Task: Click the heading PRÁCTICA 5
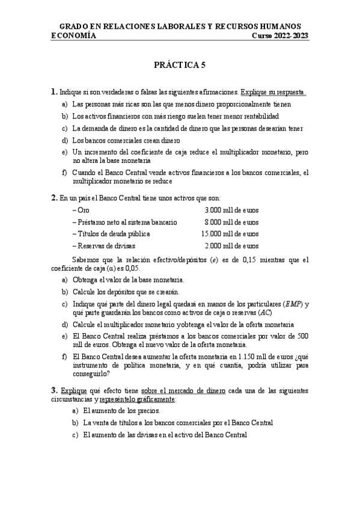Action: [x=180, y=64]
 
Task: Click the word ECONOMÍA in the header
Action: [x=74, y=35]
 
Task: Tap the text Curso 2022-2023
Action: [x=279, y=35]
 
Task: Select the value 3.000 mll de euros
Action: [x=231, y=210]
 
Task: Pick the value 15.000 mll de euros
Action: [x=230, y=234]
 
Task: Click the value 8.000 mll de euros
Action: [x=231, y=222]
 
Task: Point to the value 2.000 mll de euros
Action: [x=231, y=246]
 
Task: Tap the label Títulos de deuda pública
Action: [x=111, y=234]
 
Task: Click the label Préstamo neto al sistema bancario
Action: [x=124, y=222]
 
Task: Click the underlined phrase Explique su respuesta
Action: [x=273, y=93]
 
